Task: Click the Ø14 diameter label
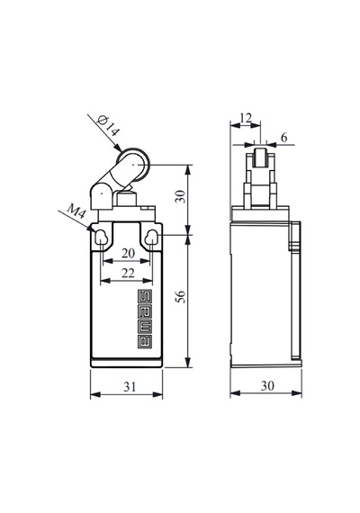pos(109,125)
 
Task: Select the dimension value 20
pos(128,253)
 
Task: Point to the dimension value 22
pos(128,273)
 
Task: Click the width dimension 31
pos(130,387)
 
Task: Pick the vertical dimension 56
pos(181,296)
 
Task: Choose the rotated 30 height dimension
pos(180,196)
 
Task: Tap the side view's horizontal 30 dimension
pos(267,386)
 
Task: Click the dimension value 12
pos(246,118)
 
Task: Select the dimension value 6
pos(283,138)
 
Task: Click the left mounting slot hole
pos(101,238)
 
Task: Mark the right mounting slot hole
pos(151,238)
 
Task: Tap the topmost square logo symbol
pos(144,296)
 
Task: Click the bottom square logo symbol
pos(144,342)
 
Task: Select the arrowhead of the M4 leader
pos(90,229)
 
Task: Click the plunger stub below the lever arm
pos(126,199)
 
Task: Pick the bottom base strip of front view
pos(126,363)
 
